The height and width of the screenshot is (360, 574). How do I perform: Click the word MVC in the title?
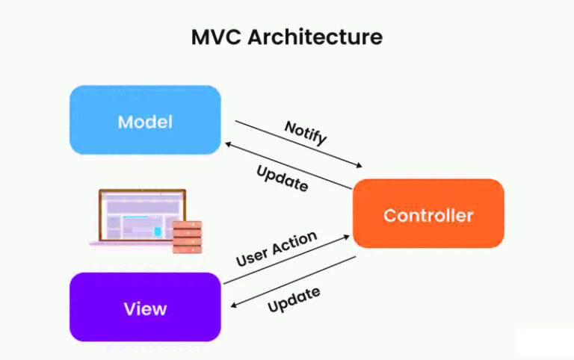[x=217, y=37]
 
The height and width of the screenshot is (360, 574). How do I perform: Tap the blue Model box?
[x=145, y=120]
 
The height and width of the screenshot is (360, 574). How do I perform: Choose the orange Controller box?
[x=428, y=214]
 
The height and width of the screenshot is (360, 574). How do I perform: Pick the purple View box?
[x=145, y=307]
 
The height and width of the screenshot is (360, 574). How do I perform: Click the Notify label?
[x=306, y=134]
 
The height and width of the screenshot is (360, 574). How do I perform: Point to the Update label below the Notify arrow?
[x=282, y=179]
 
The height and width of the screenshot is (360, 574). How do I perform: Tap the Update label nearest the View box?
[x=294, y=300]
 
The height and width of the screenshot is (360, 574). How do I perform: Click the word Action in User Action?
[x=296, y=242]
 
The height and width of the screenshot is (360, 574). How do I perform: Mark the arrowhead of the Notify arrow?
[x=358, y=166]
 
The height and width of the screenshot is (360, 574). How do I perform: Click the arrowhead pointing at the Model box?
[x=227, y=143]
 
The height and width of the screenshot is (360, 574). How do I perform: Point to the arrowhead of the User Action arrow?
[x=346, y=237]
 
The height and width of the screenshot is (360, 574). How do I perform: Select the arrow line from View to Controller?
[x=284, y=260]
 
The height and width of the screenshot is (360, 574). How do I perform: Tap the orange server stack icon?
[x=187, y=236]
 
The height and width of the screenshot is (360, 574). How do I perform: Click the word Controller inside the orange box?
[x=428, y=215]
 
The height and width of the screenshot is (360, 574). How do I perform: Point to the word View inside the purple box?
[x=145, y=308]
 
